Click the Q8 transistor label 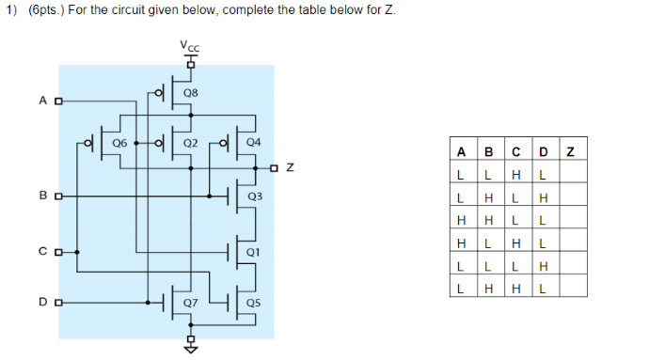191,93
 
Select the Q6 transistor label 119,143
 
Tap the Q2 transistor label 190,143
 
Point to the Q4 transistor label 253,143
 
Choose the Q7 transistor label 191,303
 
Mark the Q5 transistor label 253,303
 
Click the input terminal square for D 58,303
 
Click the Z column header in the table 571,152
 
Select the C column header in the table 515,152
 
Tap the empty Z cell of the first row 571,175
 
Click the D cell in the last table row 543,289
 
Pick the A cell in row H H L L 460,220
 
